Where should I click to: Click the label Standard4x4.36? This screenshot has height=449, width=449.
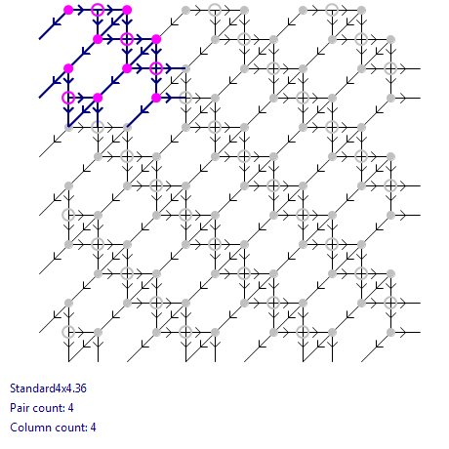[48, 388]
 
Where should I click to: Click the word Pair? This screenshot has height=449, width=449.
[20, 408]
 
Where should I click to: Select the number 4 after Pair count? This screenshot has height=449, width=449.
[70, 408]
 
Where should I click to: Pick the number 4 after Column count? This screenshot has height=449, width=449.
[93, 428]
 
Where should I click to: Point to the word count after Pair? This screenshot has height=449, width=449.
[48, 408]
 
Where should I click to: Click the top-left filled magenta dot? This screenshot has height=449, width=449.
[68, 10]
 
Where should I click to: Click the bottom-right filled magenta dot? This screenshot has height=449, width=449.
[156, 98]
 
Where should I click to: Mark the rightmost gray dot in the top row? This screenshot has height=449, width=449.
[361, 11]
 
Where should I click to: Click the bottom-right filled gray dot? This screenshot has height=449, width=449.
[390, 332]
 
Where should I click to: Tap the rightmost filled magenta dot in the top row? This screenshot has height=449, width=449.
[127, 10]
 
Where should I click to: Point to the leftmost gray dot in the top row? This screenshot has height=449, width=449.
[185, 11]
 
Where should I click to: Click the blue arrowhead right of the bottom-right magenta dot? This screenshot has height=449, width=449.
[169, 98]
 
